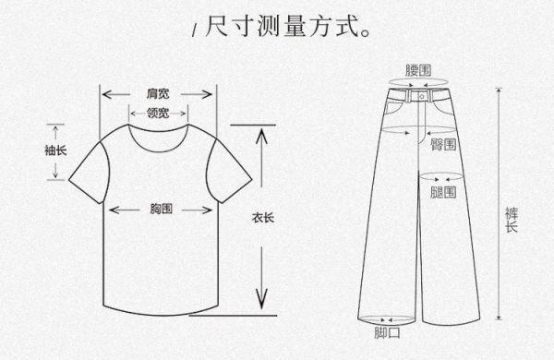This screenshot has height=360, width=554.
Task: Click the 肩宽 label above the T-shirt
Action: click(x=158, y=94)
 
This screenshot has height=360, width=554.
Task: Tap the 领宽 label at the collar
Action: click(x=158, y=113)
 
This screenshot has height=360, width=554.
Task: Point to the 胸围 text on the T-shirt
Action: click(x=161, y=210)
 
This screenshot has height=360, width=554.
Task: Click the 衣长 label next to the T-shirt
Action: click(x=262, y=219)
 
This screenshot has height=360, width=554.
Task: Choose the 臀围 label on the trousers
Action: click(x=442, y=146)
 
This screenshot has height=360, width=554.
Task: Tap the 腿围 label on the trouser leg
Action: click(x=442, y=192)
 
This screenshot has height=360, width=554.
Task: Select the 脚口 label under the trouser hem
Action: click(x=387, y=332)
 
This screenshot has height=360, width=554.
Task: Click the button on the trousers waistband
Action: click(x=425, y=94)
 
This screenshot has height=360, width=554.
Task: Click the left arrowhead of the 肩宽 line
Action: click(x=104, y=94)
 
